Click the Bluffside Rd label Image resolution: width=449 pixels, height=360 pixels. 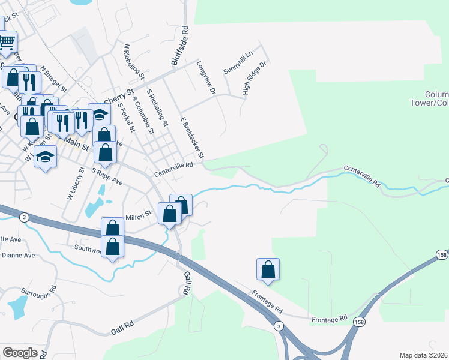tap(179, 45)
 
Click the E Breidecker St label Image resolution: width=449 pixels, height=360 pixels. tap(193, 138)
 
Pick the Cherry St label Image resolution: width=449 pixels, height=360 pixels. tap(118, 97)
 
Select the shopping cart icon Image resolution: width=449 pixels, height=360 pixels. tap(7, 43)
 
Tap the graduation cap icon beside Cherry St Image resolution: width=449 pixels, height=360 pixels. tap(99, 114)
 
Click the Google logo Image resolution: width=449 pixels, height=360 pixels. tap(20, 353)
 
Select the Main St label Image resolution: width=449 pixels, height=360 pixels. tap(77, 143)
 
